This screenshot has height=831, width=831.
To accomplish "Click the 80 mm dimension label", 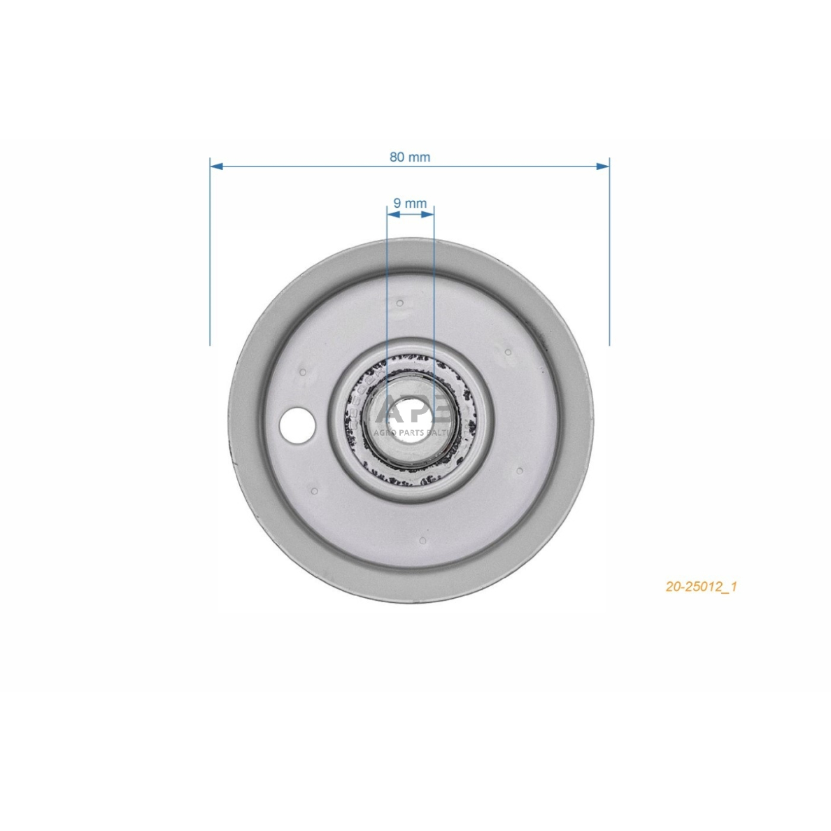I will pos(410,157).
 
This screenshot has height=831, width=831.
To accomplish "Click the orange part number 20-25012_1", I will pos(701,588).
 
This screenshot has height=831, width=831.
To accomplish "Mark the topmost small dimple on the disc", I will pos(399,304).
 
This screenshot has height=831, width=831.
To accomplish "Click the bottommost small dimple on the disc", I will pos(422,541).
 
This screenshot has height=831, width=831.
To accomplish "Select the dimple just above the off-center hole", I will pos(301,373).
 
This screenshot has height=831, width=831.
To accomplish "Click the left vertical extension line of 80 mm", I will pos(211,280).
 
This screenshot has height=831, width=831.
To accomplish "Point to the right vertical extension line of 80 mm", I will pos(609,280).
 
